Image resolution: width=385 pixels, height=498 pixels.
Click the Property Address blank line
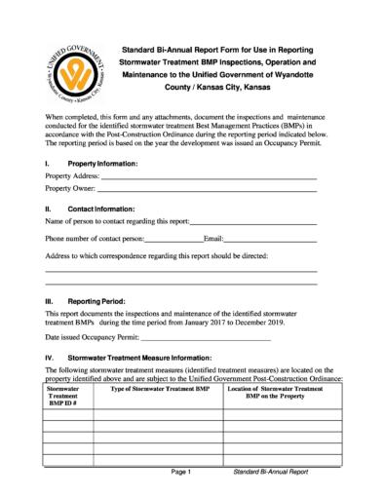click(205, 175)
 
